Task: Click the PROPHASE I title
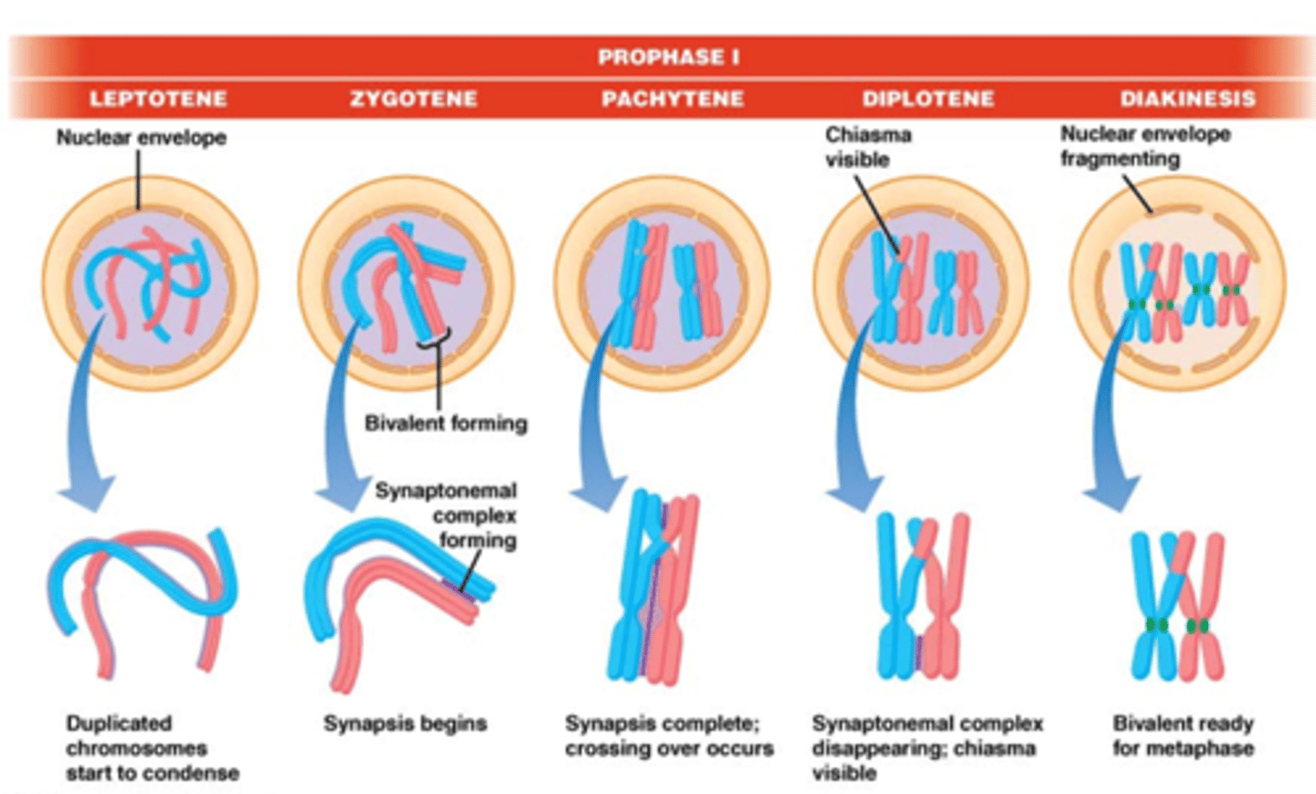click(x=668, y=57)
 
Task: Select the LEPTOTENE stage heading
click(x=158, y=99)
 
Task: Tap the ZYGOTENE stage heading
click(x=413, y=99)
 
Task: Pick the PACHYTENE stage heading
click(x=673, y=99)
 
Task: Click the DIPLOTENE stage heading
click(x=928, y=99)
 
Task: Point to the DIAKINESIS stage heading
click(x=1187, y=99)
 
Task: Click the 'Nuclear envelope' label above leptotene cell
click(x=142, y=138)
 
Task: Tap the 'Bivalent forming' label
click(x=446, y=423)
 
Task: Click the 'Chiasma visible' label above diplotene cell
click(x=868, y=147)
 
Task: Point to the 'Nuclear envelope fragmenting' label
click(x=1144, y=146)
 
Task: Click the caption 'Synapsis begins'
click(x=405, y=724)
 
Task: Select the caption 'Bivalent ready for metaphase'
click(x=1183, y=736)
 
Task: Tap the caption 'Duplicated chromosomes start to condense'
click(x=152, y=747)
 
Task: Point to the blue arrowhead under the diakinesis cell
click(x=1109, y=493)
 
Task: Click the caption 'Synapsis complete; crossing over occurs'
click(x=669, y=736)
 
